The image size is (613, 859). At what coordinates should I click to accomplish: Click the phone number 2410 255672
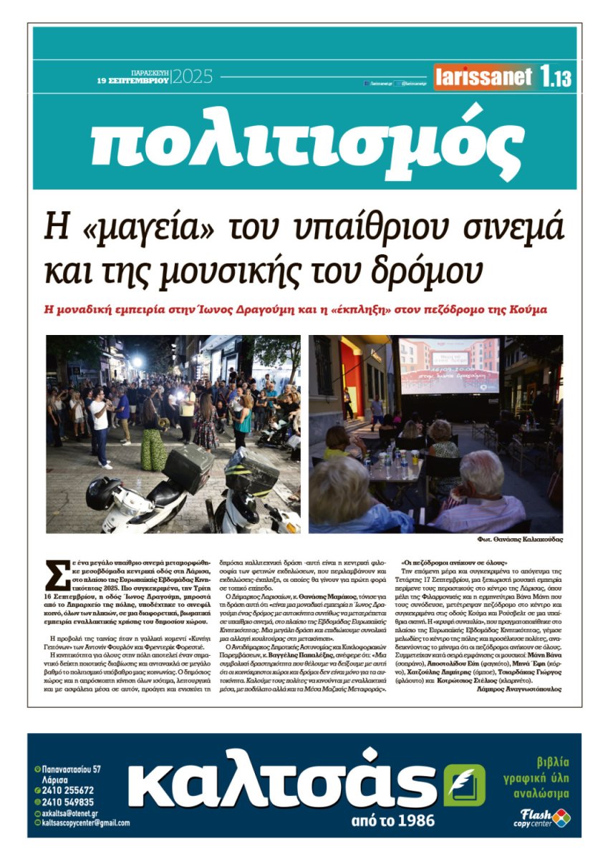point(69,790)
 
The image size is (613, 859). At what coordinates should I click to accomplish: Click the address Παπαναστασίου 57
point(72,769)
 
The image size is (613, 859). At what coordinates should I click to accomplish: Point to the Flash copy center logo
point(542,817)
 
